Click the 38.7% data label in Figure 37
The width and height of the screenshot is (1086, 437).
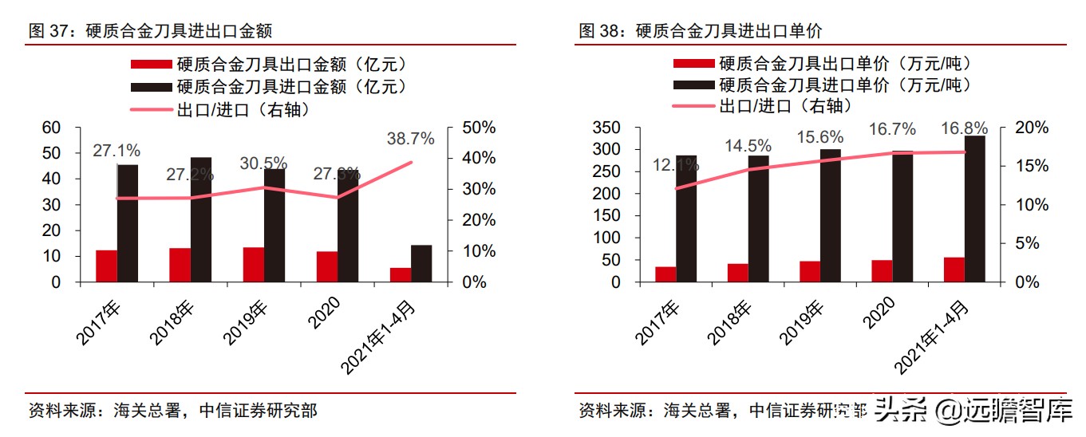coord(412,139)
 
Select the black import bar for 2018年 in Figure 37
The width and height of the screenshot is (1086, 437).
coord(200,219)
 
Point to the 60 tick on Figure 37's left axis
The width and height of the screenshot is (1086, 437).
coord(50,128)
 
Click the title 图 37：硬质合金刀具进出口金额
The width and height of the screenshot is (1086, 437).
coord(151,31)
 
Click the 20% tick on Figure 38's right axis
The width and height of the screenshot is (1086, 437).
coord(1029,128)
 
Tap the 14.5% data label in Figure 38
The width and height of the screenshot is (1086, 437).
coord(748,146)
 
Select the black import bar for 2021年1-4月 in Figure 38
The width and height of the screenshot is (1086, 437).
coord(974,209)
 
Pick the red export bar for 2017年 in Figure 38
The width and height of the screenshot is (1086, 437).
coord(665,274)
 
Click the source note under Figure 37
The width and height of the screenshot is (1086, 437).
coord(172,411)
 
